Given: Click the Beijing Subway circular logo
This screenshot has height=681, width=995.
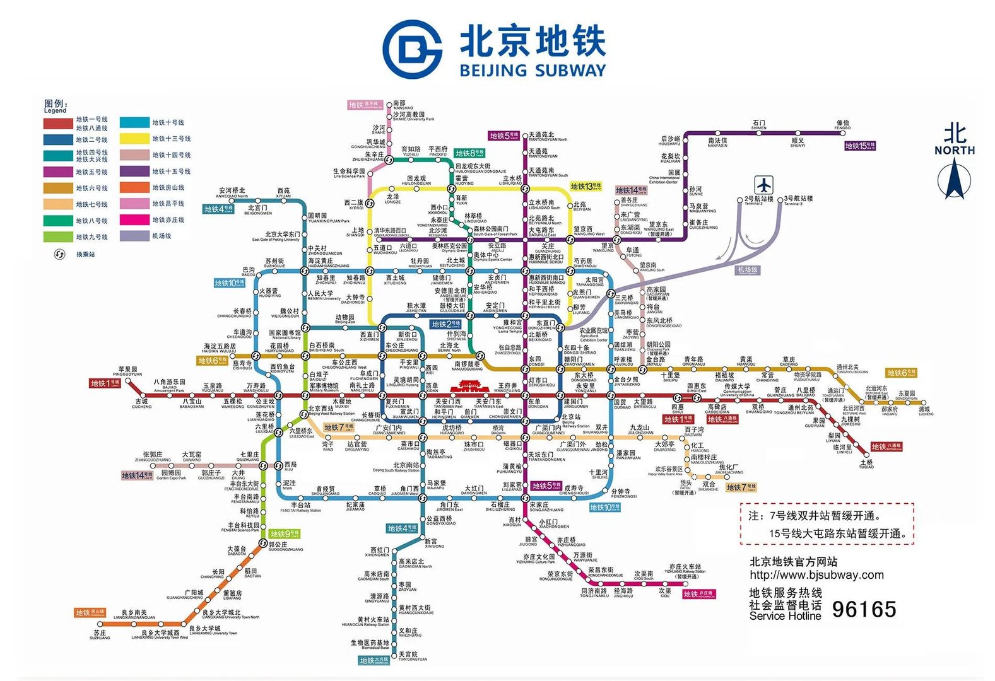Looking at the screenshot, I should tap(413, 49).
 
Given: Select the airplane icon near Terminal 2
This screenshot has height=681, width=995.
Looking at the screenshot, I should tap(763, 185).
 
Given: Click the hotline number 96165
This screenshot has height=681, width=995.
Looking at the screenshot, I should tap(863, 609).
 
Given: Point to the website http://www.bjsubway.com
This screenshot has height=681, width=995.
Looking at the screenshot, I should tap(816, 574).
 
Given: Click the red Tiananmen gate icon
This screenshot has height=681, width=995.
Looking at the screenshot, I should tap(468, 386).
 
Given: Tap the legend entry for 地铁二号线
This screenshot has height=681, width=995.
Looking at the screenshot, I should tap(91, 139).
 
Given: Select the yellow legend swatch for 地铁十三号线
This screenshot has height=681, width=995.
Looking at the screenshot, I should tap(134, 139).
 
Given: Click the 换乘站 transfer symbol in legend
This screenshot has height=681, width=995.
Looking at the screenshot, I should tap(60, 254).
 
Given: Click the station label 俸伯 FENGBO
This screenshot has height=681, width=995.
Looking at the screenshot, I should tap(842, 124).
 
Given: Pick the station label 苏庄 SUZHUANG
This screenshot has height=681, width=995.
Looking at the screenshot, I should tap(100, 633).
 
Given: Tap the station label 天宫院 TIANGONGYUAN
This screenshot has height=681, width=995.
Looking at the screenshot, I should tap(409, 656).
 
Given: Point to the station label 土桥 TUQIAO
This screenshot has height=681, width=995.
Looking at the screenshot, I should tap(866, 463).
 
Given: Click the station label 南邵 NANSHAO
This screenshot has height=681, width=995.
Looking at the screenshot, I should tap(401, 104).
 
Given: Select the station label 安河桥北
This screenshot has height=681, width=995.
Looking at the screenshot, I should tap(232, 192).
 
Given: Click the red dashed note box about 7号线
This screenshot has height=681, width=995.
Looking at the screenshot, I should tap(827, 523).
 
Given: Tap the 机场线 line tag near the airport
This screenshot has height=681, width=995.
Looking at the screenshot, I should tap(748, 270).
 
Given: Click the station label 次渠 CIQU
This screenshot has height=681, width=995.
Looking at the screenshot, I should tap(665, 592).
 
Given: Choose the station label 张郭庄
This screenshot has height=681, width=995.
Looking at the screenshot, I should tap(152, 456).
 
